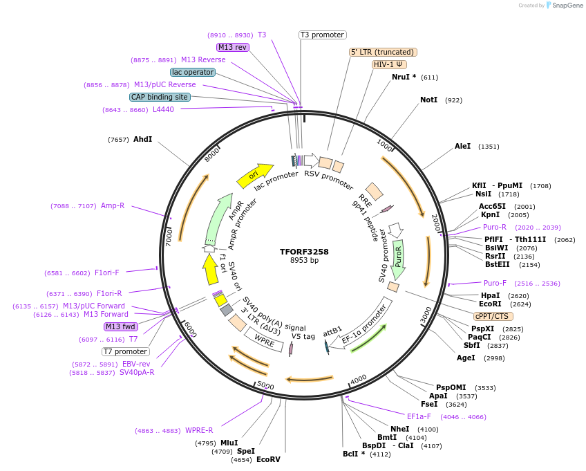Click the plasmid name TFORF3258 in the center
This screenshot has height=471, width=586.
point(304,251)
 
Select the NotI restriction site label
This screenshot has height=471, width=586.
point(428,100)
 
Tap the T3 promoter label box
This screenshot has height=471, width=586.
point(322,35)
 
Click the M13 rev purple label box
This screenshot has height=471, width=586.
point(232,47)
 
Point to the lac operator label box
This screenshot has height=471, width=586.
point(192,72)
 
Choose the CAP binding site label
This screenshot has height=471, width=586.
point(159,97)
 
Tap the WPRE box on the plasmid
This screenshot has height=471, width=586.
point(265,340)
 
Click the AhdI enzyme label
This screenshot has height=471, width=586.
point(142,140)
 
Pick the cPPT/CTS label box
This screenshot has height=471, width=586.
point(493,316)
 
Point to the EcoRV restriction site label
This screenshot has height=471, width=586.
point(268,459)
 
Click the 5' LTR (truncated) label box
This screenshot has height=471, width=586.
point(383,52)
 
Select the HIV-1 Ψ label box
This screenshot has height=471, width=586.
point(389,64)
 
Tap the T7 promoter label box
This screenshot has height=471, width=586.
point(126,351)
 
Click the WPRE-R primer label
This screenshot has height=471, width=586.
point(199,430)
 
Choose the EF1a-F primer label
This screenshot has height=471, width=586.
point(419,416)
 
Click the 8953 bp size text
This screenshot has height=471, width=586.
point(304,261)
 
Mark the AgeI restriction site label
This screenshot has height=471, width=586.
point(466,358)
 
